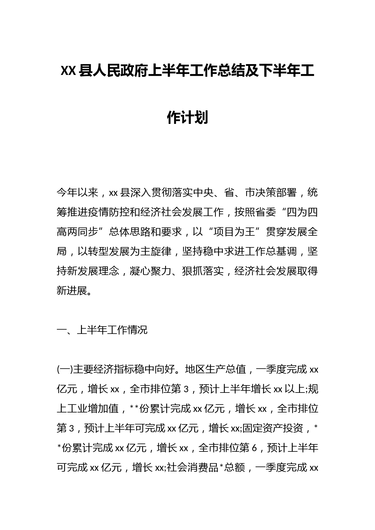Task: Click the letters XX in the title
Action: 68,71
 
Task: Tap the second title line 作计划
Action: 187,117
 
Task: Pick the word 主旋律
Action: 156,252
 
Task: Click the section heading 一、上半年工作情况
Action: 102,330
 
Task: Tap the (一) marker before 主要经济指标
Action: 65,369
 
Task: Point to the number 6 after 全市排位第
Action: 254,448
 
